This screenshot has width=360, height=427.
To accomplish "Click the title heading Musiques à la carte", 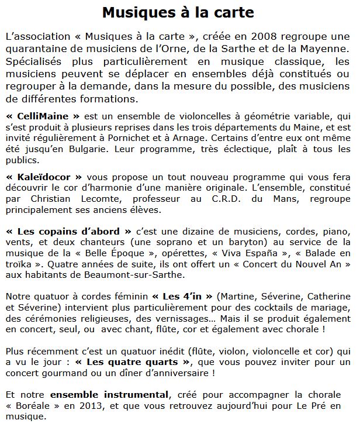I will click(178, 12).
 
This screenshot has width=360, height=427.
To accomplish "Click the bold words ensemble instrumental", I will click(103, 398).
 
